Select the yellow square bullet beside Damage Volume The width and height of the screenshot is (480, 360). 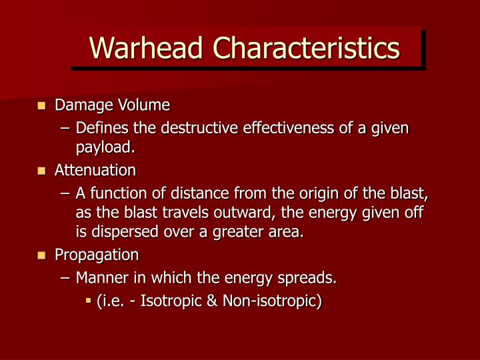[x=41, y=105]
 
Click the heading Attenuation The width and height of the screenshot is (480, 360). [x=95, y=170]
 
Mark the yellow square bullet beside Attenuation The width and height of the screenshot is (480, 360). [x=41, y=171]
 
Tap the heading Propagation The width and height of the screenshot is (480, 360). [x=97, y=255]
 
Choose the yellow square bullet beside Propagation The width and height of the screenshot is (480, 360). [x=41, y=255]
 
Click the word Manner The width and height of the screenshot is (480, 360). [x=100, y=277]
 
